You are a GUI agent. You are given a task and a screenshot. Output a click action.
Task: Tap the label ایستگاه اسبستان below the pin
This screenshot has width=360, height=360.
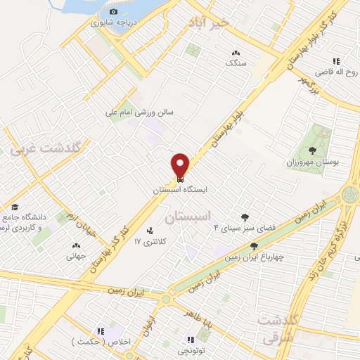tap(181, 190)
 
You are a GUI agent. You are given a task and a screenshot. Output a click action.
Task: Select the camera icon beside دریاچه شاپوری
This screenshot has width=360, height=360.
tap(113, 12)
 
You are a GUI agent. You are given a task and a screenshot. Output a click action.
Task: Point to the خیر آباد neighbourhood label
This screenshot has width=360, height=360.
tap(208, 22)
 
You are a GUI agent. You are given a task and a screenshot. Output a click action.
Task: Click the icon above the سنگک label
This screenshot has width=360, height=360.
tap(235, 52)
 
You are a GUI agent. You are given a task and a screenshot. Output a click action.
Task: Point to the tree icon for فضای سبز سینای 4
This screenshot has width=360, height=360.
tap(245, 217)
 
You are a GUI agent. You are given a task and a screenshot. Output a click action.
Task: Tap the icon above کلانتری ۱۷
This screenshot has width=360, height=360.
tap(150, 231)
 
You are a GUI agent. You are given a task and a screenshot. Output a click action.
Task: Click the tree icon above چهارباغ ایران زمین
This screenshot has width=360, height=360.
tap(254, 246)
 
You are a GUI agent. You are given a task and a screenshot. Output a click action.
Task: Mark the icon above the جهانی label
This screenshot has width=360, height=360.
tap(76, 246)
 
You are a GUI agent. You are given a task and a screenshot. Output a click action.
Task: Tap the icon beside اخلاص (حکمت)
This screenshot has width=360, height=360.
tap(101, 330)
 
